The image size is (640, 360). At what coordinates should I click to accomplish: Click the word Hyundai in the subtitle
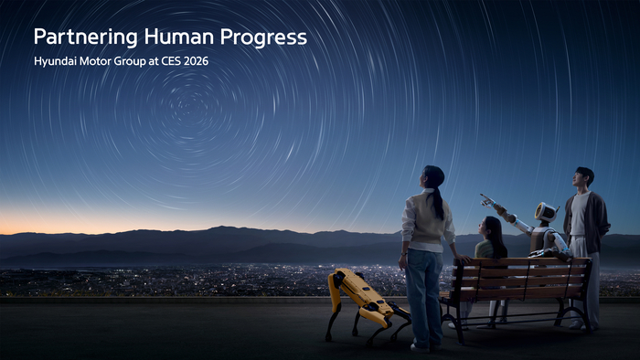[57, 61]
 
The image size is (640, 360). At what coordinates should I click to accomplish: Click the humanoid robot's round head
[546, 213]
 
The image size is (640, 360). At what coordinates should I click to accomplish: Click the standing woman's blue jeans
[423, 292]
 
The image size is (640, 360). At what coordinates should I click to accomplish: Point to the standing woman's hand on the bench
[464, 259]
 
